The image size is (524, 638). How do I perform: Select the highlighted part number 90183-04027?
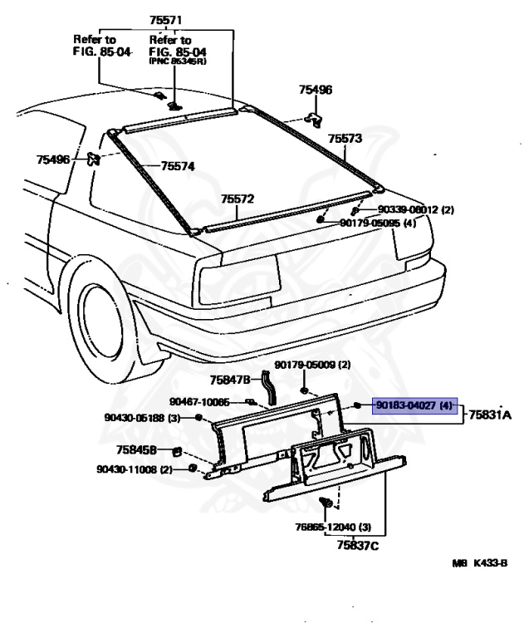tap(407, 406)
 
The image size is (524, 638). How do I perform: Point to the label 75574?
tap(178, 166)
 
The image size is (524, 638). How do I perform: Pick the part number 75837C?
tap(357, 545)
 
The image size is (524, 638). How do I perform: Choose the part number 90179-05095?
tap(375, 223)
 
